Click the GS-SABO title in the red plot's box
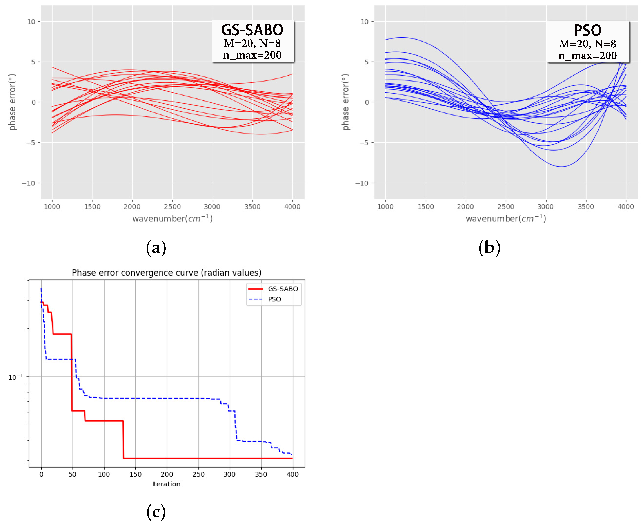point(252,30)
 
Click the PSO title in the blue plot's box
point(587,30)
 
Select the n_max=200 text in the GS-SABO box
point(252,55)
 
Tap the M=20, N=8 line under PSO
point(587,44)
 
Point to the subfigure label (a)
point(156,248)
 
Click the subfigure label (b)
point(489,248)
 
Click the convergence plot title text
point(167,272)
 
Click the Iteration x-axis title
point(166,484)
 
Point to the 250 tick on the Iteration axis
point(198,474)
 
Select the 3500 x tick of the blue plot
point(585,207)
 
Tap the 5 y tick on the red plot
point(33,62)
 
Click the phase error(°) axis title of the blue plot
point(346,102)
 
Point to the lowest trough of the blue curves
point(561,166)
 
